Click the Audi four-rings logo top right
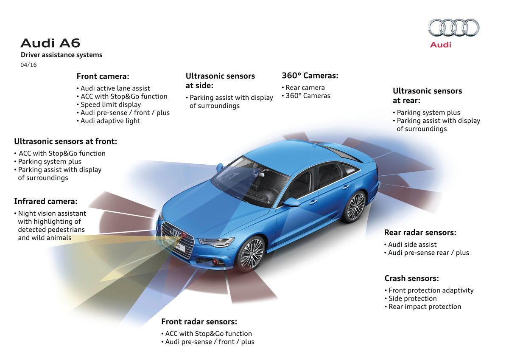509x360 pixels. (x=453, y=28)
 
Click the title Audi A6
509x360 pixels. (x=50, y=43)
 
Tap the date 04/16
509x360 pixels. (x=28, y=65)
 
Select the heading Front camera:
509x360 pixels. (x=103, y=76)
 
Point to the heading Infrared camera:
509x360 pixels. (x=46, y=201)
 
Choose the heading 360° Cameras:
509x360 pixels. (x=310, y=76)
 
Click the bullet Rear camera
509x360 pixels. (x=305, y=87)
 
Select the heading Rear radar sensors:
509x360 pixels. (x=420, y=233)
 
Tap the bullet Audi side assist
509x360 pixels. (x=412, y=245)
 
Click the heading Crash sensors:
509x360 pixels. (x=411, y=278)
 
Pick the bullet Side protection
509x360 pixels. (x=413, y=298)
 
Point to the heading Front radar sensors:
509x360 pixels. (x=199, y=321)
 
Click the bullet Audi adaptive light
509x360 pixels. (x=110, y=121)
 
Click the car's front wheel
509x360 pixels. (x=251, y=253)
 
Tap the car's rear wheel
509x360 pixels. (x=355, y=207)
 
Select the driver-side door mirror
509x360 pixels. (x=292, y=202)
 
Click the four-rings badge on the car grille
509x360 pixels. (x=176, y=232)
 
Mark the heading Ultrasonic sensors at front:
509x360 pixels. (x=65, y=141)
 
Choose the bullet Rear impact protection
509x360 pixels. (x=425, y=307)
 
